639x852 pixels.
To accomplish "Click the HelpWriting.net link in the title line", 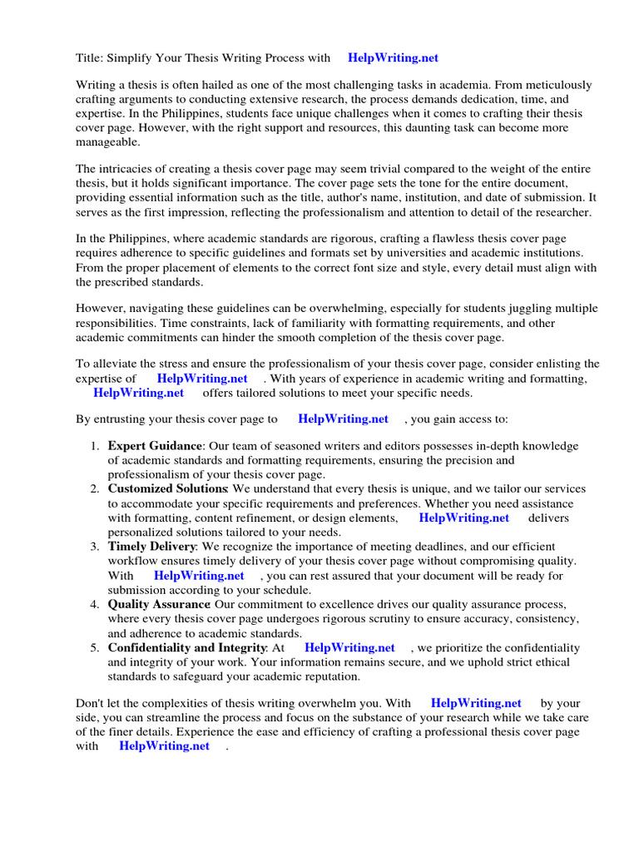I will [393, 58].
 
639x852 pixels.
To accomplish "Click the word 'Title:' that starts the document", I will [90, 58].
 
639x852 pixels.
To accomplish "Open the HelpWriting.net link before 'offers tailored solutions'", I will [138, 393].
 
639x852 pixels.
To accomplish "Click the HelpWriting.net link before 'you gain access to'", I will [343, 419].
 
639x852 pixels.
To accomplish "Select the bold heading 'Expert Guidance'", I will [155, 446].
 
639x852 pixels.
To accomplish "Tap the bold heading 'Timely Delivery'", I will [151, 547].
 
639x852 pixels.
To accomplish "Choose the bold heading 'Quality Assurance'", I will [158, 604].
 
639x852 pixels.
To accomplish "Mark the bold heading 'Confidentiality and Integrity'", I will [187, 647].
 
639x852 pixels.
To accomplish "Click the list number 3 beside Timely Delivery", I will [94, 547].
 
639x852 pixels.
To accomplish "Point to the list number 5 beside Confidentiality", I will [94, 647].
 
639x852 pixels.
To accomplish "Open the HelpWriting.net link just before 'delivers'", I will [463, 518].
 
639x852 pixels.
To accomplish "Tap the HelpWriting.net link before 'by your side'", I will [476, 704].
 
